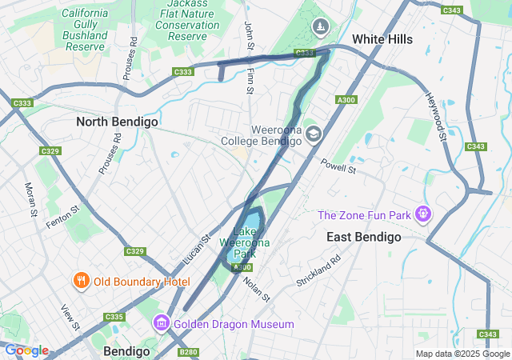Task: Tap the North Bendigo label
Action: click(117, 122)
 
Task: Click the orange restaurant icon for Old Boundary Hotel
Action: click(81, 281)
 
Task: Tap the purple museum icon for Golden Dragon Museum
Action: click(161, 323)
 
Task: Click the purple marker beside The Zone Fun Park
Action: click(423, 214)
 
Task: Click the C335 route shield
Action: click(114, 317)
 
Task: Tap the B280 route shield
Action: click(189, 352)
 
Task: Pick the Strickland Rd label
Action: click(318, 272)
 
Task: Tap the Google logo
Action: click(26, 350)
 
